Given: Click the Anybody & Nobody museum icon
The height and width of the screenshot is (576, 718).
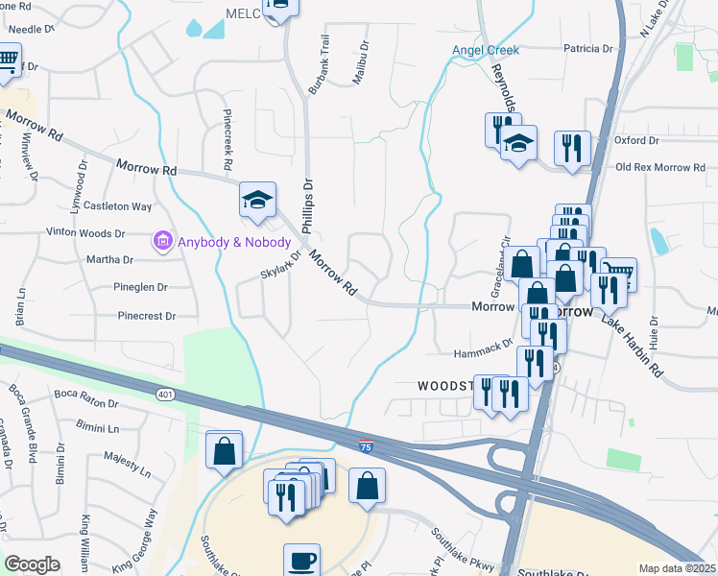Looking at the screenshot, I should point(162,239).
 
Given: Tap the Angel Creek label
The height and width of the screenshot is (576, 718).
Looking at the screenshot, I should point(486,50).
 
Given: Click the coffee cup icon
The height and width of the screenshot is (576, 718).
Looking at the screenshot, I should point(301,559).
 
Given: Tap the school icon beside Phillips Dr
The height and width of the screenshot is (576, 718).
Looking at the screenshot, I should point(257,200).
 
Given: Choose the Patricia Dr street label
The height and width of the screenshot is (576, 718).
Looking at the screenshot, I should point(587,48).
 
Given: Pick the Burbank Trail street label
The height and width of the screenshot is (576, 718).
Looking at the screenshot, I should point(317,65).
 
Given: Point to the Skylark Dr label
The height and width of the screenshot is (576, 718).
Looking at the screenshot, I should point(279,265).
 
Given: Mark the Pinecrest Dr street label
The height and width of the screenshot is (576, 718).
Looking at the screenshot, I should point(146,315).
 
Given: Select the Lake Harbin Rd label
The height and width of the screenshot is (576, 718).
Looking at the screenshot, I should point(634,344).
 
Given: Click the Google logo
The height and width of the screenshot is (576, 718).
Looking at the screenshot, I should point(33,564).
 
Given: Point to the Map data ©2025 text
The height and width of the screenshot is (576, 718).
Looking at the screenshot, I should point(676,568).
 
